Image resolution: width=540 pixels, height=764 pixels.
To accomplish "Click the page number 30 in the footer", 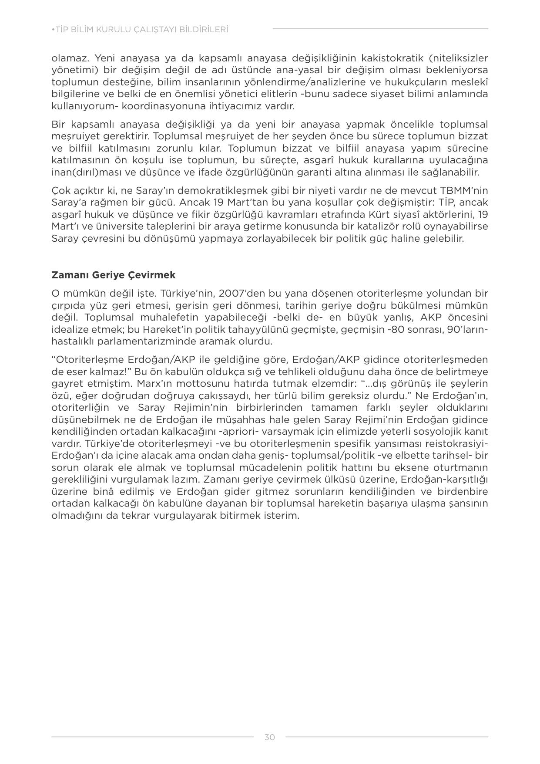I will (269, 737).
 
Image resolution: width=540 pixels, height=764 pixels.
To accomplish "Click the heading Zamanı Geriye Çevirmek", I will (113, 275).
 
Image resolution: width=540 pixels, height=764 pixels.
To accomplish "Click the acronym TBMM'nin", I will (462, 190).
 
